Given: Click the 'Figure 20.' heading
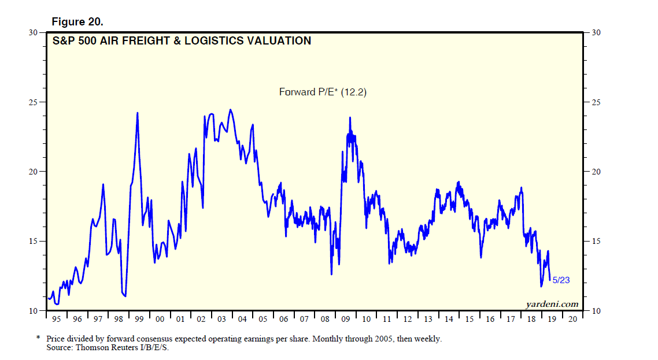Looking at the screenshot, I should [77, 22].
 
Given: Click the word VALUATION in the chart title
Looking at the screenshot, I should [279, 41].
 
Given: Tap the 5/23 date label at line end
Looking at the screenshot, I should [561, 280].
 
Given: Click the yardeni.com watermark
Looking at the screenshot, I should [552, 304].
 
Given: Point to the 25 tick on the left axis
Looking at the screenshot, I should [34, 102].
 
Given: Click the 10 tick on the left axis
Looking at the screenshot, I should [34, 311].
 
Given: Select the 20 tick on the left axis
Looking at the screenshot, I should [34, 172].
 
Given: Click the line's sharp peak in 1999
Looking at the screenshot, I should [137, 113].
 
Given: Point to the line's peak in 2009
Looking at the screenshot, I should [350, 118].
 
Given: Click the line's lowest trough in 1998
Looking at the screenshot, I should [125, 296].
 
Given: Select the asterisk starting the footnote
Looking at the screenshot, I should [38, 338].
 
